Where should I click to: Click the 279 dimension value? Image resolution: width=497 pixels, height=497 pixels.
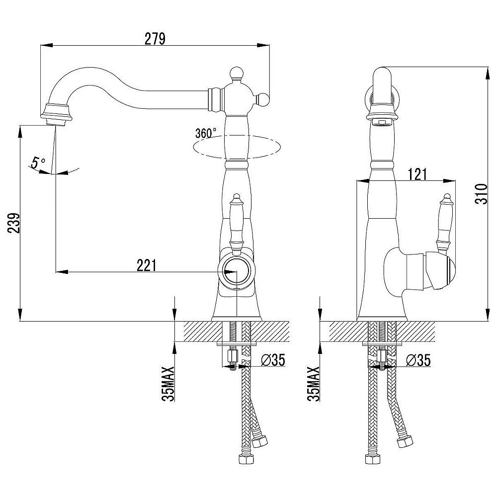click(155, 39)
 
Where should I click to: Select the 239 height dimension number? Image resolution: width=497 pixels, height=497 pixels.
click(14, 223)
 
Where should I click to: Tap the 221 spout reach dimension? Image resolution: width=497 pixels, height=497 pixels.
click(147, 265)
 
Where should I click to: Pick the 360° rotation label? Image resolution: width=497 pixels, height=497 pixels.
click(206, 133)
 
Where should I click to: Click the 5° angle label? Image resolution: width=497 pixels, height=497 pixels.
click(38, 163)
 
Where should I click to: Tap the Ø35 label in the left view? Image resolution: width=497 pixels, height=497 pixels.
click(273, 360)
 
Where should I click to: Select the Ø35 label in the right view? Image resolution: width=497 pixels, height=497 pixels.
click(418, 360)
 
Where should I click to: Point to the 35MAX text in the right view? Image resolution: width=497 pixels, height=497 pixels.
click(313, 384)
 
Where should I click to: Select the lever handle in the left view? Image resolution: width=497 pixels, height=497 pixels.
click(236, 225)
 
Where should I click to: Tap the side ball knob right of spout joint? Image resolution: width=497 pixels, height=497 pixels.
click(263, 100)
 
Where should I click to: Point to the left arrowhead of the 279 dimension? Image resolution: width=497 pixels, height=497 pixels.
click(46, 45)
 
